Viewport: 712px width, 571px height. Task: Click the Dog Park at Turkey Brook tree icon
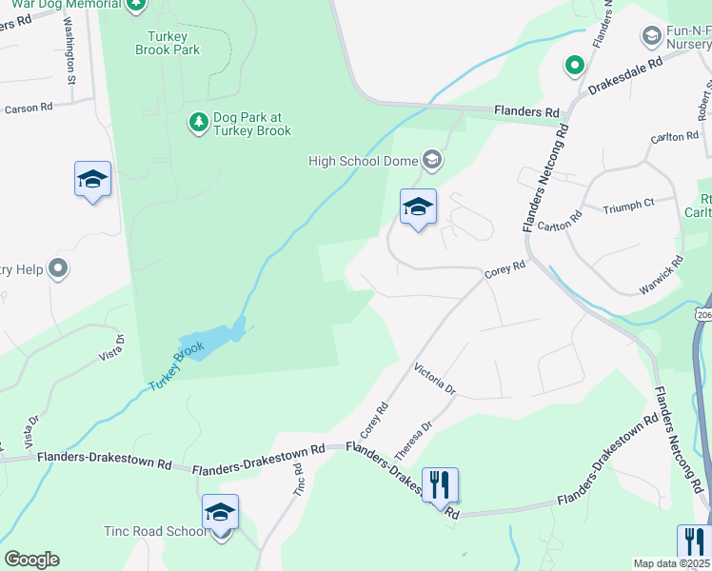pyautogui.click(x=198, y=122)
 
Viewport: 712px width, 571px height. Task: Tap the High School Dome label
pyautogui.click(x=363, y=161)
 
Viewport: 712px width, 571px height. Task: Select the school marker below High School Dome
pyautogui.click(x=418, y=207)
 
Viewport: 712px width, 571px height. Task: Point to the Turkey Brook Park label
pyautogui.click(x=168, y=42)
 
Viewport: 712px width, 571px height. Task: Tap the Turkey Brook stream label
pyautogui.click(x=177, y=366)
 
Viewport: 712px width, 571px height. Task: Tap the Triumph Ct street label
pyautogui.click(x=629, y=203)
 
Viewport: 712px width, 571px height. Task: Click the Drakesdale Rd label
pyautogui.click(x=624, y=75)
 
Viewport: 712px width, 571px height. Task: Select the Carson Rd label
pyautogui.click(x=29, y=108)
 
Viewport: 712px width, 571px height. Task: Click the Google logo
pyautogui.click(x=31, y=560)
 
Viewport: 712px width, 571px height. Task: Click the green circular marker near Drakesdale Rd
pyautogui.click(x=574, y=66)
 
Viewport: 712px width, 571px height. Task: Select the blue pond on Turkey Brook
pyautogui.click(x=214, y=338)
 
